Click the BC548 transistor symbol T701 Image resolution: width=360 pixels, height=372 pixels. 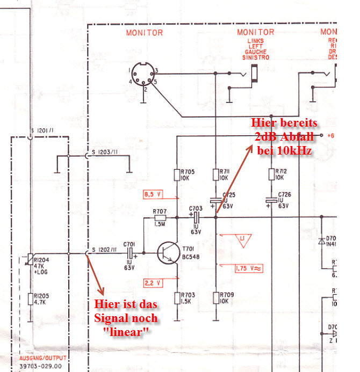pos(168,253)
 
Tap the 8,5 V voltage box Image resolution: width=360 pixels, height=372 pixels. pos(153,194)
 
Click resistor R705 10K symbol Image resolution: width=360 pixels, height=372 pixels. pos(177,175)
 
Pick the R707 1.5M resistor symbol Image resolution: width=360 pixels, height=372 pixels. pos(160,218)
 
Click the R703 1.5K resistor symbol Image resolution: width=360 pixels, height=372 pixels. pos(177,297)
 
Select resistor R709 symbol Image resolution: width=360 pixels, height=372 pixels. pos(215,297)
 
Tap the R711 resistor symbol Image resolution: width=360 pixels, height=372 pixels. pos(215,175)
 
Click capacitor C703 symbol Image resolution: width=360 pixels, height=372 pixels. pos(196,217)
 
